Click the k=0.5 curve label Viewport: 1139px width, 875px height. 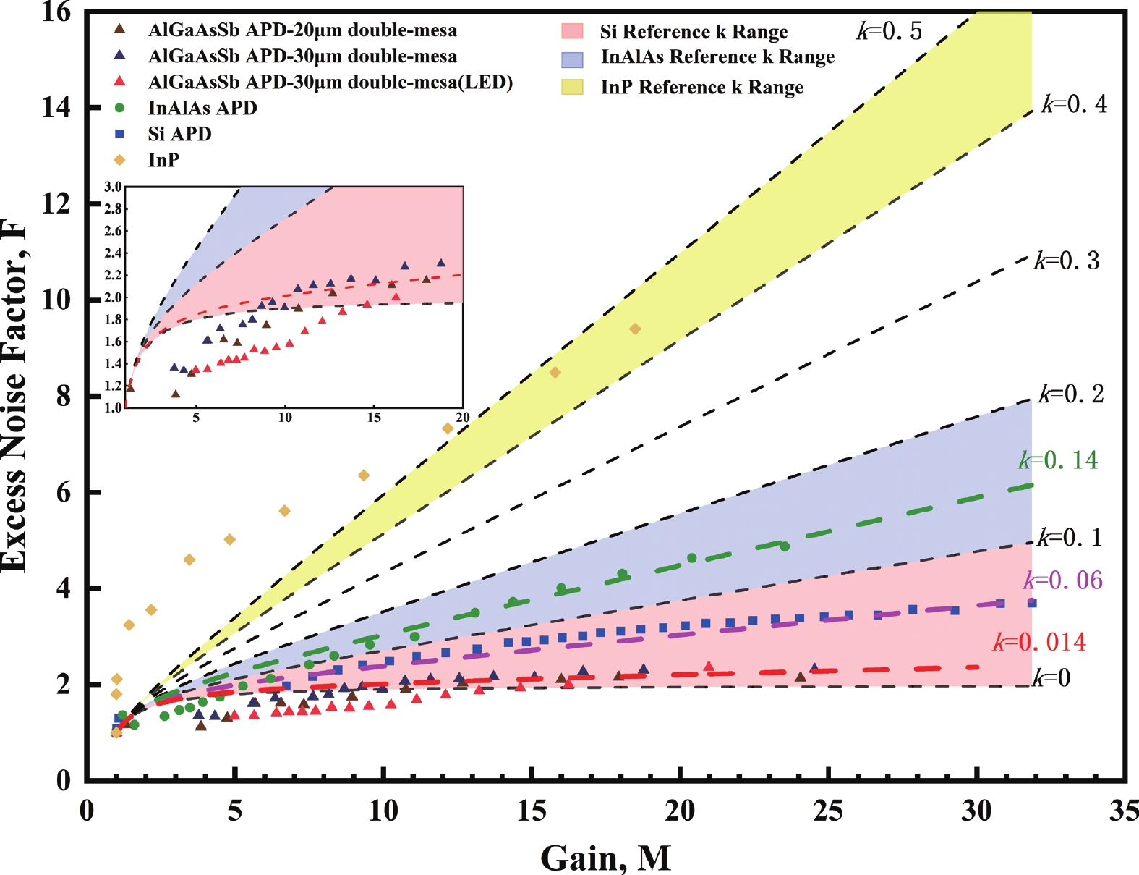890,31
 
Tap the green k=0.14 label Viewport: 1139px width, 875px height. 1058,460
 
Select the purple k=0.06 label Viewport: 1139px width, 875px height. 1062,580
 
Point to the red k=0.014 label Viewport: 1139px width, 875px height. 1039,642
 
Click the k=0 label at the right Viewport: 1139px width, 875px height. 1051,678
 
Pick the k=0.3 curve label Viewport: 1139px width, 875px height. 1067,261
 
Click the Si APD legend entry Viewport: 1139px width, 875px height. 179,134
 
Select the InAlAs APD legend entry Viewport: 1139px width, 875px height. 202,108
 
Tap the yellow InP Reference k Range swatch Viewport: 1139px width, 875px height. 572,88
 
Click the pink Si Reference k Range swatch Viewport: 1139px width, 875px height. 572,32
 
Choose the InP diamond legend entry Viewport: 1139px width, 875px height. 163,160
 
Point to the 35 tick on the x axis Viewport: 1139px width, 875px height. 1124,811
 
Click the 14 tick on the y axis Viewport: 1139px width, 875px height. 56,107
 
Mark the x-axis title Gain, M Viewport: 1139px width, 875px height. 605,858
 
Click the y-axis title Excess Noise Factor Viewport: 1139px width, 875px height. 14,394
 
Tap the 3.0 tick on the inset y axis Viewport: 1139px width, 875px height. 113,187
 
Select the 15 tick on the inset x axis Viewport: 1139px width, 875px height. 374,418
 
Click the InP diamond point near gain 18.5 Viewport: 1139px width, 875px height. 635,329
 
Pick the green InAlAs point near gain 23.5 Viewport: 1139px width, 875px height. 785,546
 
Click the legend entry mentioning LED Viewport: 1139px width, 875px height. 330,83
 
